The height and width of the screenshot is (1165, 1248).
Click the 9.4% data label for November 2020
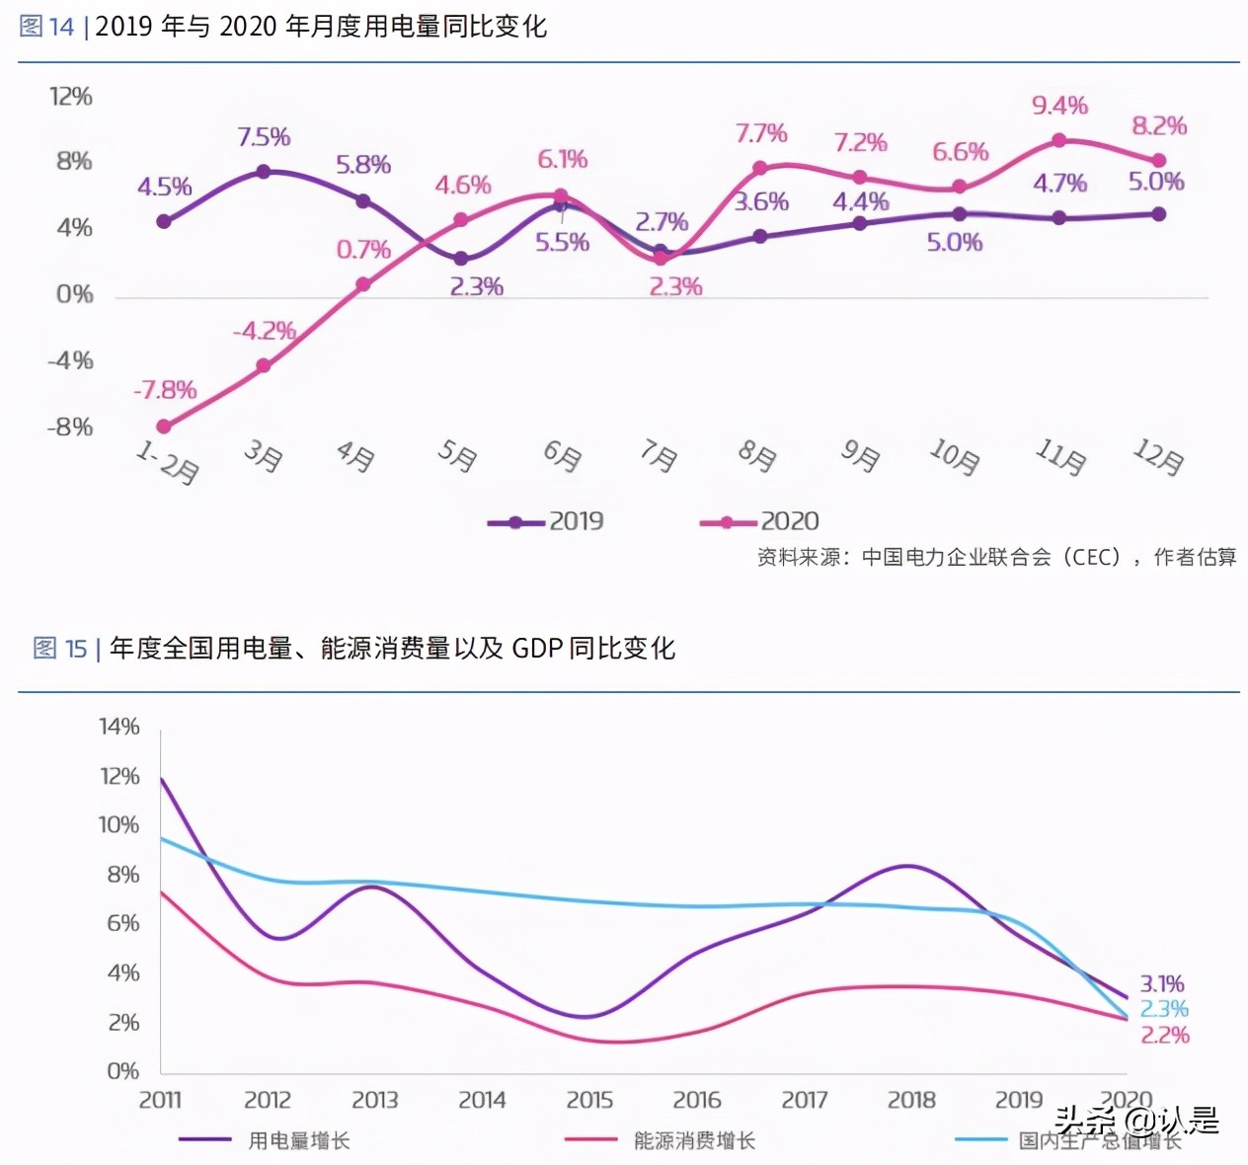coord(1059,106)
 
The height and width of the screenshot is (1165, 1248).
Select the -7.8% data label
coord(165,390)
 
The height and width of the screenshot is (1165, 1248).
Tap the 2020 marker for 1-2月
coord(164,427)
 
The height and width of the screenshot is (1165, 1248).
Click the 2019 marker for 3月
coord(264,172)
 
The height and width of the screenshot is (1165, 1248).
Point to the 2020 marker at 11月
coord(1059,141)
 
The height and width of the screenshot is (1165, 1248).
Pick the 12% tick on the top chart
coord(71,97)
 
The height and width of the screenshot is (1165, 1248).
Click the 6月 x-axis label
coord(563,455)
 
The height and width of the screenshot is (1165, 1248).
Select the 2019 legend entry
coord(546,521)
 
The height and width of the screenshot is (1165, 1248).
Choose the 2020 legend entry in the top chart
coord(759,521)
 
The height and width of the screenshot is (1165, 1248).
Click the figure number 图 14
coord(46,27)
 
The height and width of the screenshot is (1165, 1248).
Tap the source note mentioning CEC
coord(996,558)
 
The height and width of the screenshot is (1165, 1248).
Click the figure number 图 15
coord(60,649)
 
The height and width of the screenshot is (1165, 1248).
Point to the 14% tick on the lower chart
coord(119,728)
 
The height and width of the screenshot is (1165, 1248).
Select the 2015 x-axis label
coord(589,1100)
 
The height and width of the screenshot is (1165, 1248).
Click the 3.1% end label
coord(1162,984)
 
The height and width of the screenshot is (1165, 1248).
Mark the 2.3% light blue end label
coord(1164,1009)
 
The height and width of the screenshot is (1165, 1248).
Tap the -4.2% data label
coord(265,331)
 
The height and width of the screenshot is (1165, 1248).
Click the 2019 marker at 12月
coord(1159,214)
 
